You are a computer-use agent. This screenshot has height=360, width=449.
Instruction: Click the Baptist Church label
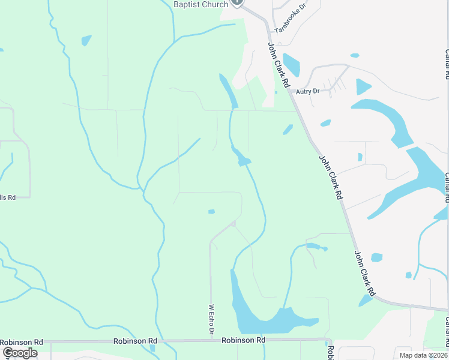pyautogui.click(x=200, y=4)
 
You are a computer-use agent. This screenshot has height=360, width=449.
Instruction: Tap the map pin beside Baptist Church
pyautogui.click(x=237, y=2)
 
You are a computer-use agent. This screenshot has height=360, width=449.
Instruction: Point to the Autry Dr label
pyautogui.click(x=307, y=91)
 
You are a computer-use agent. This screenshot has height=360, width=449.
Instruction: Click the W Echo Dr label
pyautogui.click(x=211, y=320)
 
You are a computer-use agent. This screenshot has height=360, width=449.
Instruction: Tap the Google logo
pyautogui.click(x=20, y=353)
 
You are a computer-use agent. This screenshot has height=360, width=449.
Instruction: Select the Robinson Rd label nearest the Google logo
pyautogui.click(x=22, y=341)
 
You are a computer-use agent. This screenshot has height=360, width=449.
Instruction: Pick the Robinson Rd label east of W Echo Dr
pyautogui.click(x=243, y=340)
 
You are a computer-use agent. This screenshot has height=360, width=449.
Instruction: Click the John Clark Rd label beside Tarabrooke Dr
pyautogui.click(x=279, y=64)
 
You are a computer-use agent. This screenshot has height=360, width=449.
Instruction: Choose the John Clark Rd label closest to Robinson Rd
pyautogui.click(x=364, y=274)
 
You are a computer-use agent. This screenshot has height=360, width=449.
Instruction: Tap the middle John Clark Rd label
pyautogui.click(x=331, y=178)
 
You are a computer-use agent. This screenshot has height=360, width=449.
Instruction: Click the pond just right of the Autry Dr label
pyautogui.click(x=363, y=87)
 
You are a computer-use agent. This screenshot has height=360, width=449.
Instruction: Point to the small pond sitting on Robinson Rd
pyautogui.click(x=152, y=347)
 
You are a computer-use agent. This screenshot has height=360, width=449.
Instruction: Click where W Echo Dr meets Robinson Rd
pyautogui.click(x=211, y=340)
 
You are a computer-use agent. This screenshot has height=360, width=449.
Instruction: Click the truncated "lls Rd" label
pyautogui.click(x=7, y=197)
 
